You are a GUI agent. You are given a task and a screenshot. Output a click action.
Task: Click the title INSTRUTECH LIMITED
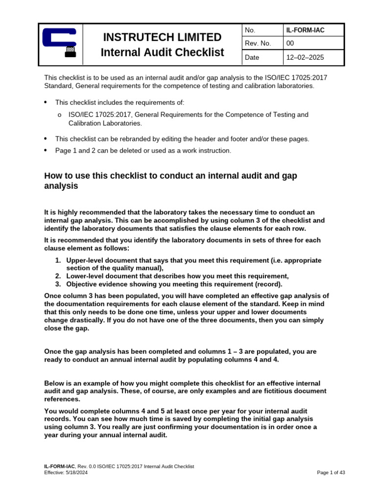point(162,37)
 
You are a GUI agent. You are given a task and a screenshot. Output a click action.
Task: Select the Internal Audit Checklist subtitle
point(162,52)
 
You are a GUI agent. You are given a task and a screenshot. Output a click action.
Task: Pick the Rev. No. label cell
point(259,44)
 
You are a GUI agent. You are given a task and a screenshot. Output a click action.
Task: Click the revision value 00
point(290,44)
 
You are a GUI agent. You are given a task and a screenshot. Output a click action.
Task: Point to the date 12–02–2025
point(305,58)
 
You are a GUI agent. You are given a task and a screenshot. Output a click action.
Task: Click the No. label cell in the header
point(251,30)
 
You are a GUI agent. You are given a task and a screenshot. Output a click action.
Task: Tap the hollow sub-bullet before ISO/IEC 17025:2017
point(59,115)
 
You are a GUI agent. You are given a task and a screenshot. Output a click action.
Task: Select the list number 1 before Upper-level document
point(58,261)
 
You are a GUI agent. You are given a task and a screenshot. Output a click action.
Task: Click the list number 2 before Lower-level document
point(58,276)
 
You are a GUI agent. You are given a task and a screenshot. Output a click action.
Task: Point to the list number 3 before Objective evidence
point(58,284)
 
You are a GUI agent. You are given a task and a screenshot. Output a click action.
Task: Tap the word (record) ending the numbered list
point(269,284)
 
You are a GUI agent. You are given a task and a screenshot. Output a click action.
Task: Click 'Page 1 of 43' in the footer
point(331,473)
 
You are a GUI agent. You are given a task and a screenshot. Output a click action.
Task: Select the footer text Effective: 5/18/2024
point(66,473)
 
